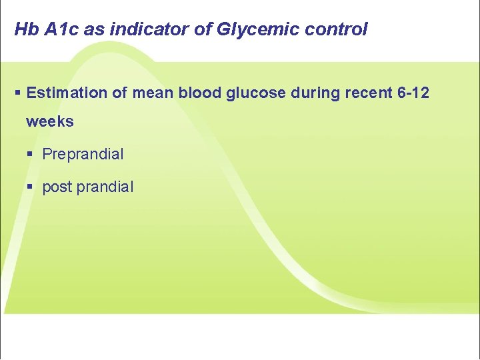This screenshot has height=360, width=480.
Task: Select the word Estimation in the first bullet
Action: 67,93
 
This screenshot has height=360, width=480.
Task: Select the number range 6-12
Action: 413,93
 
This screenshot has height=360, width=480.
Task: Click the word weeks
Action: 50,122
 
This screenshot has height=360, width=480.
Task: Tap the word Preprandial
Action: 83,155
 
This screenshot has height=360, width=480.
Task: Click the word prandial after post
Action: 105,187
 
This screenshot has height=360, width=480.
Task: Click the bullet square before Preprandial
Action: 31,155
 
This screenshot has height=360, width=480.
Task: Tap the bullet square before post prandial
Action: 31,187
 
